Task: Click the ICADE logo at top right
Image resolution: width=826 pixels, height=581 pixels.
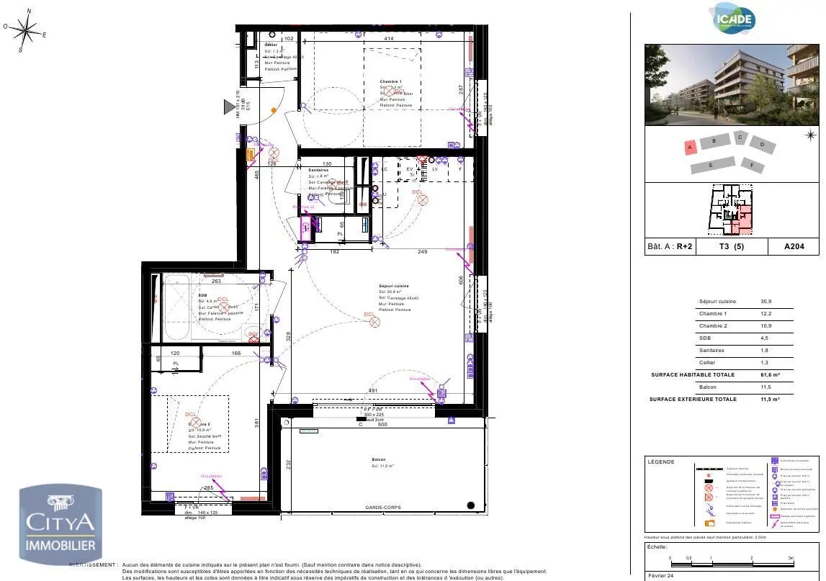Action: pyautogui.click(x=733, y=19)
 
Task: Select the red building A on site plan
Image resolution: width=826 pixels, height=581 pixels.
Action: pyautogui.click(x=689, y=147)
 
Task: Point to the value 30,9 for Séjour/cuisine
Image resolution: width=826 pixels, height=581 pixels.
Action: pyautogui.click(x=766, y=302)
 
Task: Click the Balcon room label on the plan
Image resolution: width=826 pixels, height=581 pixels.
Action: pyautogui.click(x=379, y=459)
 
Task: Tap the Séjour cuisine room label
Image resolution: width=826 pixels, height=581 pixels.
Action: pyautogui.click(x=395, y=286)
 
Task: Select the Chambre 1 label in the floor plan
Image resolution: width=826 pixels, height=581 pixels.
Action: pyautogui.click(x=391, y=82)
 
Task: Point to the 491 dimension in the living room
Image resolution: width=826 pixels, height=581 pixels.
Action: pyautogui.click(x=373, y=391)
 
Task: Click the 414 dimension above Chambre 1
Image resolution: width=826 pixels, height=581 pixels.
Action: pyautogui.click(x=388, y=38)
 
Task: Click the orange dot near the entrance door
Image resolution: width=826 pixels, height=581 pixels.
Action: pyautogui.click(x=274, y=110)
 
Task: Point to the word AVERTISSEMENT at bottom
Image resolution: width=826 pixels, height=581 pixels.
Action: pyautogui.click(x=93, y=565)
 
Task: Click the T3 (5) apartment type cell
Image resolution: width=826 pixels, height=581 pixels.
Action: pyautogui.click(x=732, y=246)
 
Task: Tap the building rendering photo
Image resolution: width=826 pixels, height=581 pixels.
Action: pyautogui.click(x=732, y=85)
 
